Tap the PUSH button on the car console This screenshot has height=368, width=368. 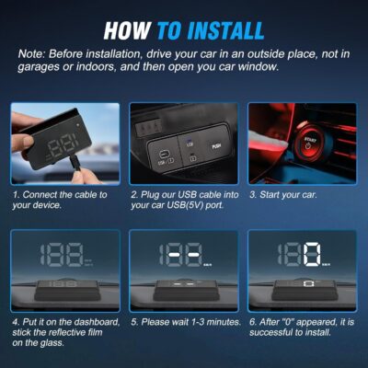(x=216, y=144)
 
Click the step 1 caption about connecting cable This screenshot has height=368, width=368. (x=60, y=201)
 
